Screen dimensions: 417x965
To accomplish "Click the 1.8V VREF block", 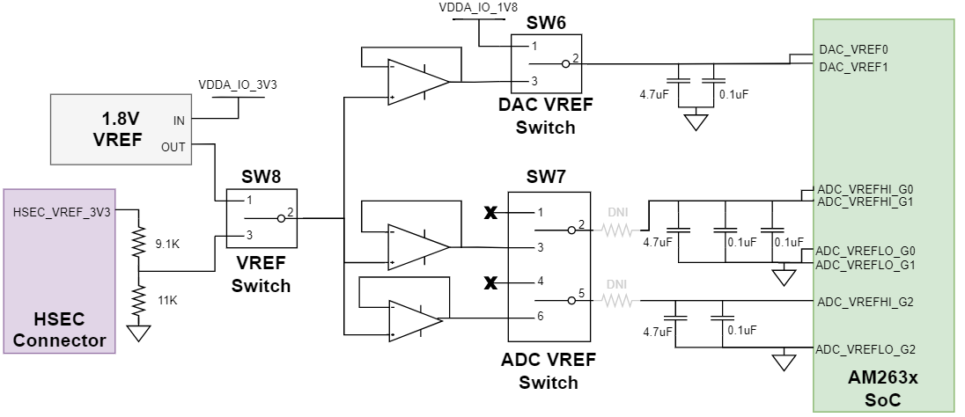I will [x=118, y=129].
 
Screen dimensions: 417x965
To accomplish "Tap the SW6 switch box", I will [x=546, y=62].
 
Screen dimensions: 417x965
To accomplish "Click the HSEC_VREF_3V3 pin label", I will [x=62, y=211].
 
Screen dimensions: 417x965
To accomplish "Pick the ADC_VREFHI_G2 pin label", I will [x=865, y=303].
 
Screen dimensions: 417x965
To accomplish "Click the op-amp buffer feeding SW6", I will [x=418, y=82].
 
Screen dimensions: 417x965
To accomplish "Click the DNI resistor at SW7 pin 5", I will [x=616, y=302].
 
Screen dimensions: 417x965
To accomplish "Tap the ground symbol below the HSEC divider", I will [x=138, y=333].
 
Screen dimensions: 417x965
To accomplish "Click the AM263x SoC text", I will [x=882, y=387].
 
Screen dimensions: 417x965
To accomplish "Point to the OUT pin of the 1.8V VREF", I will [x=173, y=147].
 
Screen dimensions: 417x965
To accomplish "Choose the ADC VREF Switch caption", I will [x=548, y=370].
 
